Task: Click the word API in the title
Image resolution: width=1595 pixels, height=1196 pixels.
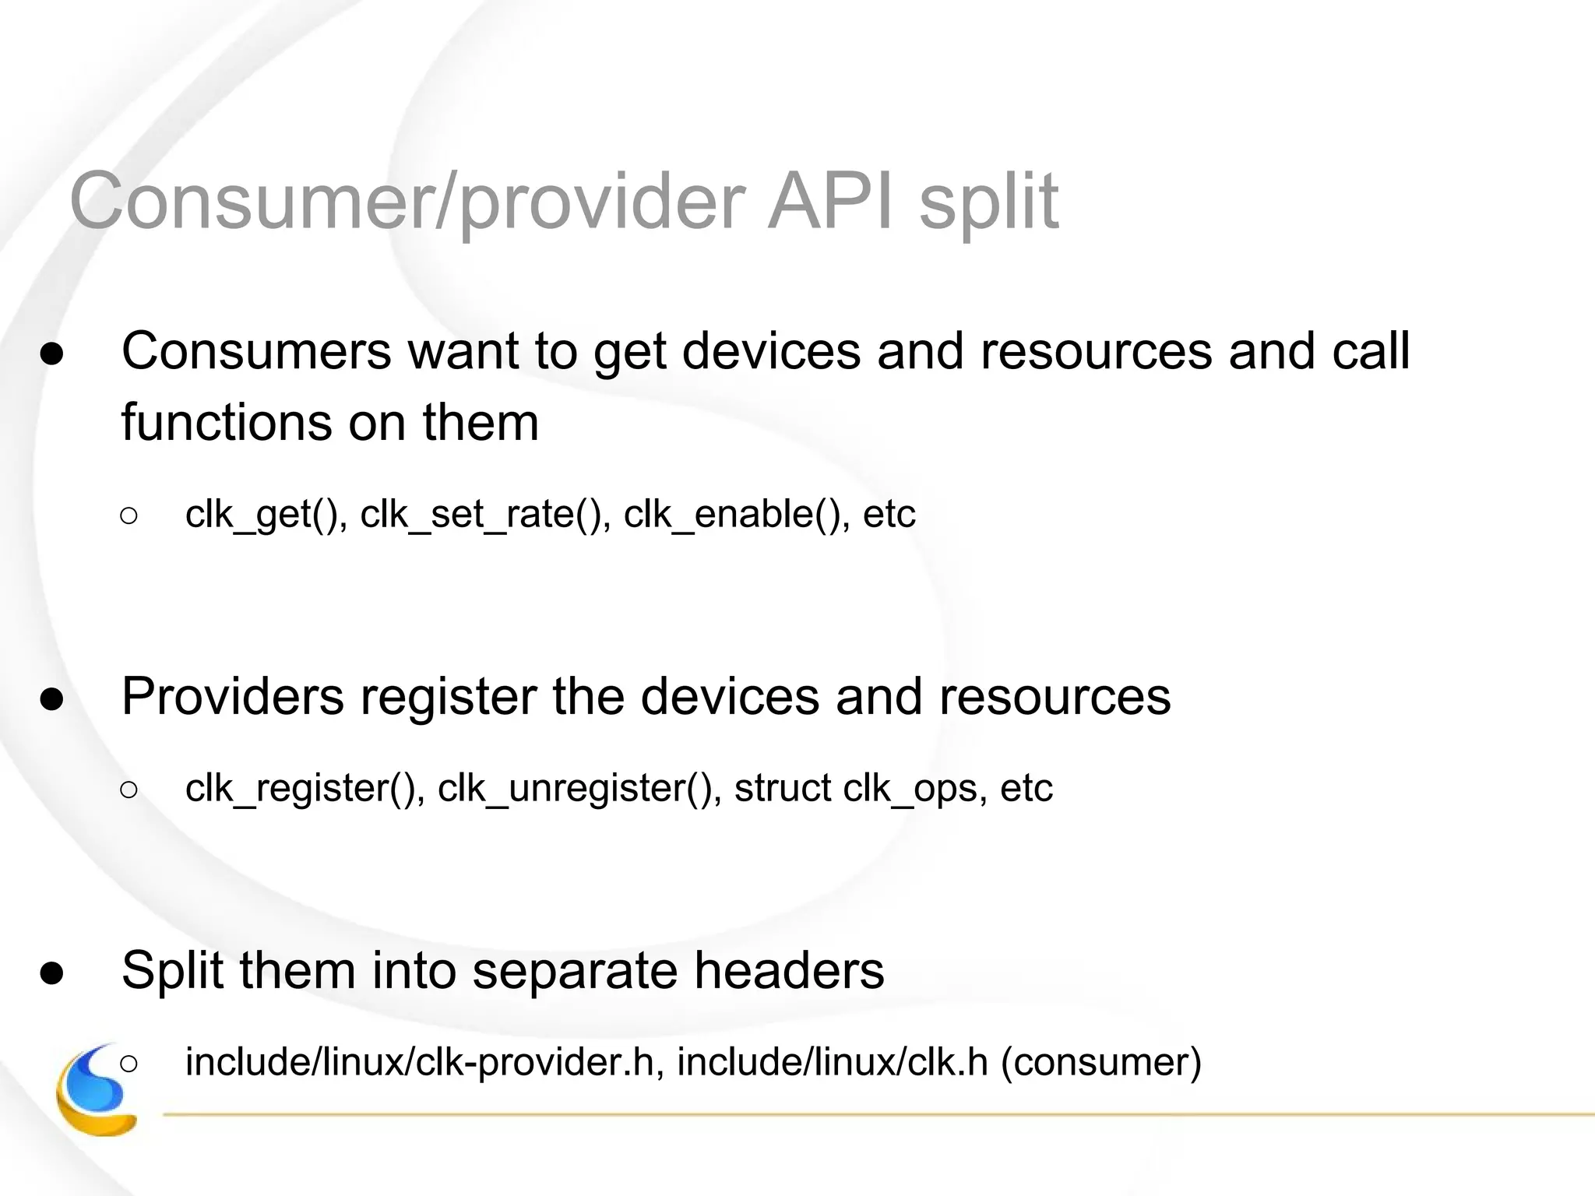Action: pyautogui.click(x=829, y=202)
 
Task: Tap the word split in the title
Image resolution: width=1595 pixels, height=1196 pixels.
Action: pyautogui.click(x=988, y=204)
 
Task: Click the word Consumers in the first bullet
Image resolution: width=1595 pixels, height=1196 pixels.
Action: pyautogui.click(x=256, y=351)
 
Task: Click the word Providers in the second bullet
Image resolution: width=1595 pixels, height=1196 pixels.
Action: pyautogui.click(x=232, y=696)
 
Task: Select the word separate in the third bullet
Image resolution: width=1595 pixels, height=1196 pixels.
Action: pyautogui.click(x=576, y=972)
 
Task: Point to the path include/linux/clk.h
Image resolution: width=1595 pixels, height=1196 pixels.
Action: pyautogui.click(x=832, y=1062)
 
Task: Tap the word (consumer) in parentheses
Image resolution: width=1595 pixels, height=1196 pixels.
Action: pyautogui.click(x=1101, y=1062)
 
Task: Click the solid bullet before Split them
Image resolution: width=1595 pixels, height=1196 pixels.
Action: pyautogui.click(x=52, y=973)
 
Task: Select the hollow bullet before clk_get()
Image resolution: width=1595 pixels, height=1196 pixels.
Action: pyautogui.click(x=129, y=515)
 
